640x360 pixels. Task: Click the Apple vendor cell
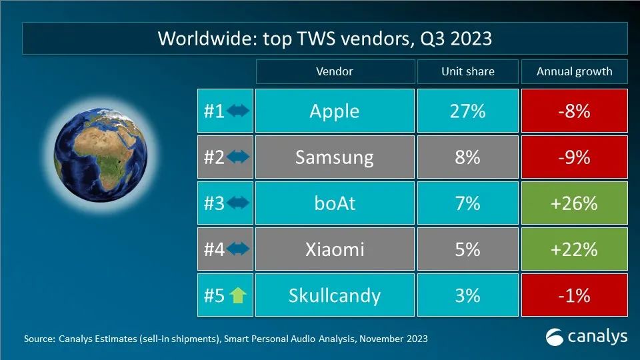pos(334,111)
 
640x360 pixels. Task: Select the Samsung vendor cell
pos(334,157)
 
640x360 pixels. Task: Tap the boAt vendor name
pos(334,203)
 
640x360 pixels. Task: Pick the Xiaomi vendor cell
pos(334,249)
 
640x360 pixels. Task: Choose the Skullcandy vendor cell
pos(334,295)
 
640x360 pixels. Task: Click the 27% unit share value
pos(467,111)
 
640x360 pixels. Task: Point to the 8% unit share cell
pos(467,157)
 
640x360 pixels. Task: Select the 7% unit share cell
pos(467,203)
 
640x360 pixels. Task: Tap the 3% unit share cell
pos(467,295)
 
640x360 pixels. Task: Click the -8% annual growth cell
pos(574,111)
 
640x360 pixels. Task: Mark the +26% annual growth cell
pos(574,203)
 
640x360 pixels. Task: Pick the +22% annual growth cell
pos(574,249)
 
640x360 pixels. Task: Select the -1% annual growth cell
pos(574,295)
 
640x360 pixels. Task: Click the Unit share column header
pos(467,71)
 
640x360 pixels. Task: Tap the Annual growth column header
pos(574,71)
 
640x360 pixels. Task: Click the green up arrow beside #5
pos(238,295)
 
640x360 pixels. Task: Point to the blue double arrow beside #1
pos(238,111)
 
